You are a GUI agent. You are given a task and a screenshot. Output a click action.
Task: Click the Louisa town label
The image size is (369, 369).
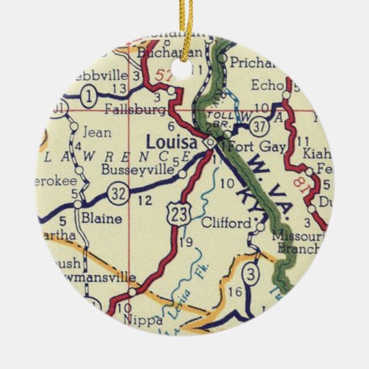[x=170, y=142]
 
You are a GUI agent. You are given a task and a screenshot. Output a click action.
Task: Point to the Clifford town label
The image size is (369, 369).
[x=229, y=223]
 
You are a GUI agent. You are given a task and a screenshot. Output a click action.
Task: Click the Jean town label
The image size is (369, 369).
[x=96, y=130]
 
